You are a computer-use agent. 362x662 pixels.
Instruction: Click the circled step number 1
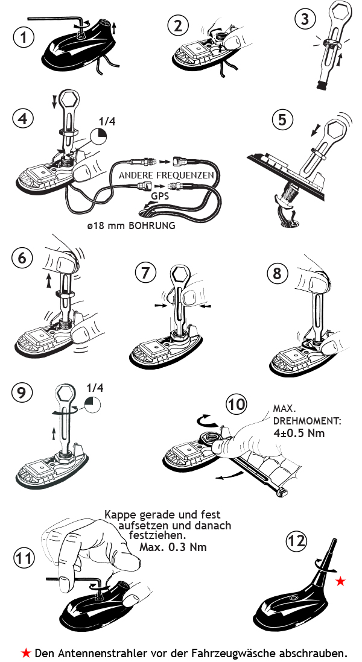click(x=23, y=37)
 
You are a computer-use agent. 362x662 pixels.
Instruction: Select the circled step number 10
click(x=235, y=403)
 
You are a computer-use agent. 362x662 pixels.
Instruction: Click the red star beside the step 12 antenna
click(x=341, y=581)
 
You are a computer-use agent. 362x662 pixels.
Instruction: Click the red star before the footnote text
click(x=26, y=652)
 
